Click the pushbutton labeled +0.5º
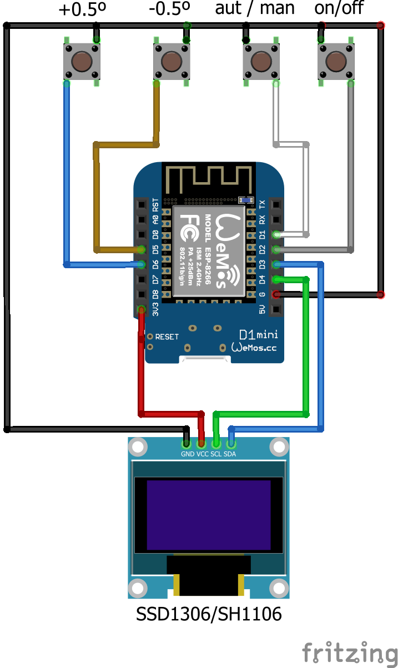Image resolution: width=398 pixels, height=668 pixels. point(82,61)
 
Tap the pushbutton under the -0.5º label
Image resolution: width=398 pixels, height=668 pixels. point(172,61)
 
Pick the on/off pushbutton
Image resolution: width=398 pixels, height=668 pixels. point(336,61)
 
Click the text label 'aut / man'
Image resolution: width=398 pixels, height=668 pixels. point(255,9)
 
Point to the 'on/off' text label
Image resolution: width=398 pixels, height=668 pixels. point(339,9)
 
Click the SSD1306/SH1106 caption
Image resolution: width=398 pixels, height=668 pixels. point(209,614)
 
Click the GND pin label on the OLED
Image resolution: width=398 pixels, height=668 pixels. point(188,454)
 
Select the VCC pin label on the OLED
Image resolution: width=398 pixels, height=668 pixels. point(202,454)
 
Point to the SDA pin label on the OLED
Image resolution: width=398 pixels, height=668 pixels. point(230,454)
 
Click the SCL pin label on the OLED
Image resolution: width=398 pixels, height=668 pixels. point(216,454)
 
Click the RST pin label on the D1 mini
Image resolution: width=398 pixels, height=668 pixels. point(155,204)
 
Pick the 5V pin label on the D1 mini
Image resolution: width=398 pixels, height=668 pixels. point(262,309)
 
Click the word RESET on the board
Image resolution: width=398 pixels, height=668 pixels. point(167,337)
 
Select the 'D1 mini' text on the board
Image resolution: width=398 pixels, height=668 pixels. point(258,335)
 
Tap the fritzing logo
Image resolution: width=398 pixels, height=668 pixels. point(350,652)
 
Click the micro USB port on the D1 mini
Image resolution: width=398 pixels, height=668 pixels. point(206,359)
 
